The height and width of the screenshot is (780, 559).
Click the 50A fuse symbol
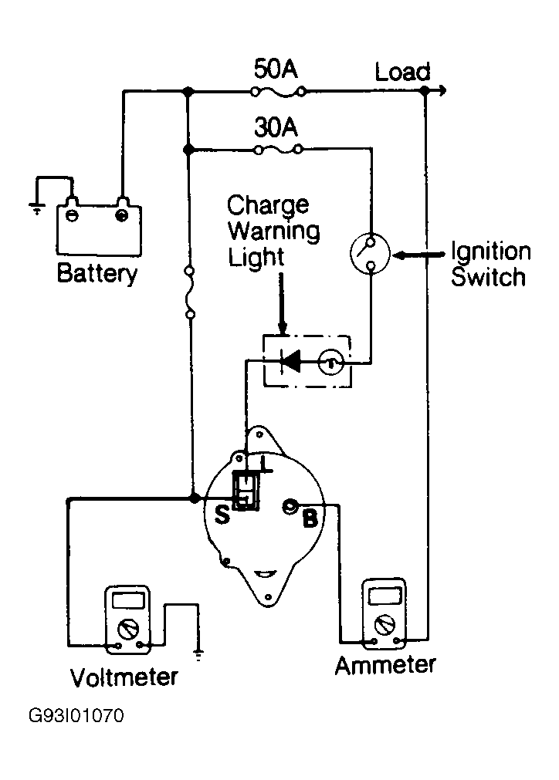pos(278,92)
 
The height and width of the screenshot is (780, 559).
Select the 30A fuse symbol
pos(278,149)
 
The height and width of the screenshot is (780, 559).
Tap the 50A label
pos(276,69)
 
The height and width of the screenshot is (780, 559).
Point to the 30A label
pos(276,127)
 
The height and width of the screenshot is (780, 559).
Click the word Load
pos(402,72)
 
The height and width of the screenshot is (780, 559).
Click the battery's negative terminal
pos(72,215)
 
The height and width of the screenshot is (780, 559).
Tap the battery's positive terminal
pos(121,215)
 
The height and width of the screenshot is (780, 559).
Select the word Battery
pos(97,273)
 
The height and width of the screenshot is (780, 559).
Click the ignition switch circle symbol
pos(370,254)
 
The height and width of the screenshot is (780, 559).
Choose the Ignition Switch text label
pos(491,264)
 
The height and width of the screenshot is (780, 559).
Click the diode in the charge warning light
pos(291,361)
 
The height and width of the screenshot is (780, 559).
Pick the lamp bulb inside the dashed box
pos(330,362)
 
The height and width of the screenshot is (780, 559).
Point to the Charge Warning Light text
pos(273,231)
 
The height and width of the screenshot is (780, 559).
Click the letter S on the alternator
pos(222,515)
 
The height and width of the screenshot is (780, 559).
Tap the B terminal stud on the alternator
pos(290,506)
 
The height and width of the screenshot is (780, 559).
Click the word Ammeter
pos(385,666)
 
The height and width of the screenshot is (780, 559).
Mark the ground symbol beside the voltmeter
pos(198,653)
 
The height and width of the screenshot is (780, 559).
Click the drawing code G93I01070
pos(76,716)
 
